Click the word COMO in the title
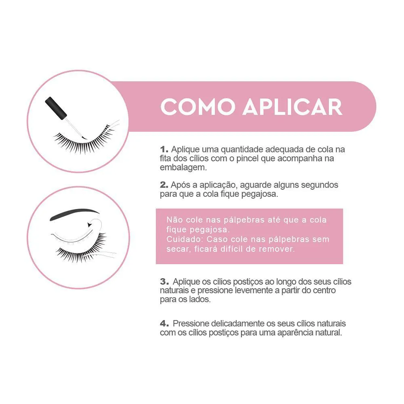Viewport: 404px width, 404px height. coord(198,107)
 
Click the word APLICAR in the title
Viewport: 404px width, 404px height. coord(292,107)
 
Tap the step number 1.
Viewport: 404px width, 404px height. coord(164,149)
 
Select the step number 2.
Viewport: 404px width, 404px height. coord(164,185)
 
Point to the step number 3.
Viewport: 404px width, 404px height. coord(164,281)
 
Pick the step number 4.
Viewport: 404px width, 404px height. coord(164,323)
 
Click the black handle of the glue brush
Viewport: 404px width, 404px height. coord(56,108)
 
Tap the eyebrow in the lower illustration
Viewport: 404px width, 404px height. coord(74,214)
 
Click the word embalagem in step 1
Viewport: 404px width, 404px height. coord(183,168)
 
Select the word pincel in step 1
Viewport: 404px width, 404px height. coord(247,158)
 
